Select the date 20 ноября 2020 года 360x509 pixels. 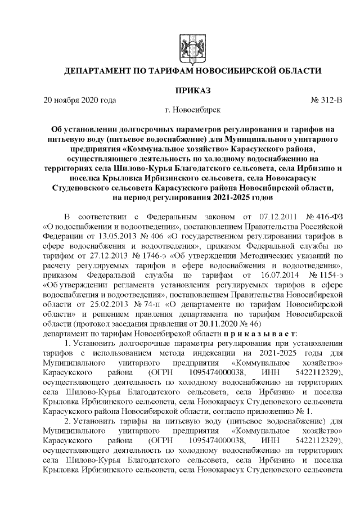pyautogui.click(x=80, y=101)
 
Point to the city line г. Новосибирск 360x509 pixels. pyautogui.click(x=180, y=111)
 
